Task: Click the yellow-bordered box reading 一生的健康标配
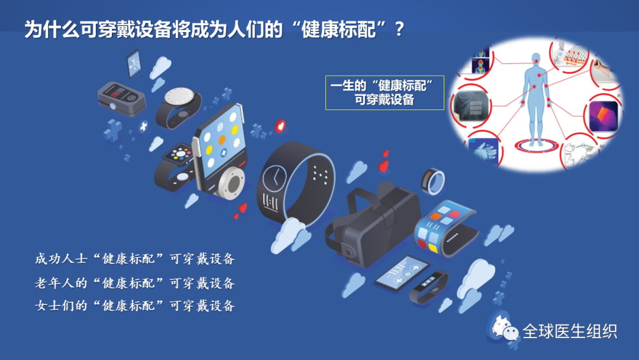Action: pos(385,92)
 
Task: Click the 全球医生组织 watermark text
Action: pos(569,332)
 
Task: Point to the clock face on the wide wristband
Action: pos(275,176)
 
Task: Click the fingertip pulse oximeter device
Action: pos(120,97)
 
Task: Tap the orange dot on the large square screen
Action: pos(222,140)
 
